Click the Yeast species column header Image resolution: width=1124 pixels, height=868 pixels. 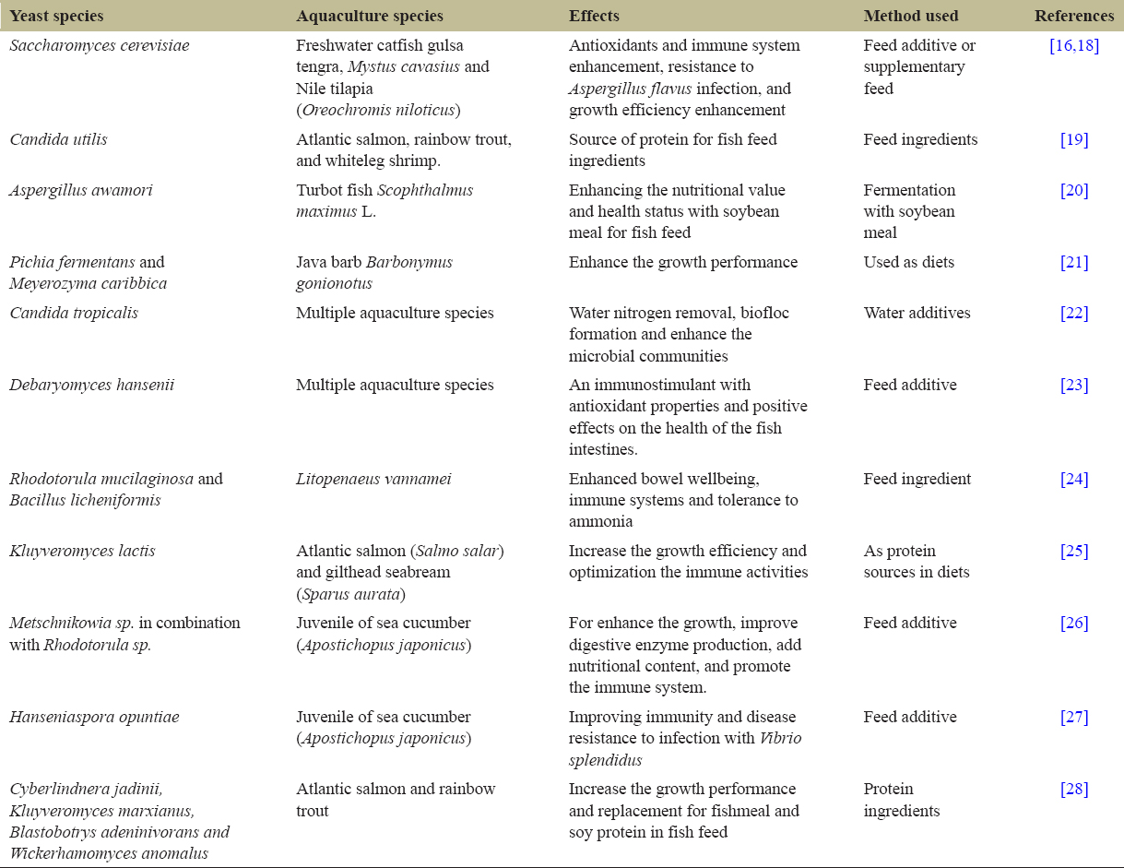[56, 16]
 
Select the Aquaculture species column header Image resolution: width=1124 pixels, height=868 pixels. [369, 16]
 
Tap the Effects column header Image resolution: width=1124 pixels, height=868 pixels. [594, 16]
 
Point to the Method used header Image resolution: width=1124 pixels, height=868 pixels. [910, 16]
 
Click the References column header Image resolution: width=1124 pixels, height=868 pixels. [1073, 16]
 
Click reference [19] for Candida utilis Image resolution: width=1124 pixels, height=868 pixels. [1074, 139]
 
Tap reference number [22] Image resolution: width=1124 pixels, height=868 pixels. [1074, 313]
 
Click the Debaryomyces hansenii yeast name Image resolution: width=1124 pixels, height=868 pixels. [91, 385]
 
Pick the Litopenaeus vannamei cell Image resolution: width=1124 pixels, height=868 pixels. [373, 479]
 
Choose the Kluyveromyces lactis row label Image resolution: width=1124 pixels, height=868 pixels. [82, 551]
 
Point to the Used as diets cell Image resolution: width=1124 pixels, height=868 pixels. [908, 262]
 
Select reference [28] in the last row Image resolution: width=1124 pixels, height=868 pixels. [1074, 789]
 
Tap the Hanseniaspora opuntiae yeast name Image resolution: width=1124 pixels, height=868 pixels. [94, 717]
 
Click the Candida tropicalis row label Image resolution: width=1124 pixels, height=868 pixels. [74, 313]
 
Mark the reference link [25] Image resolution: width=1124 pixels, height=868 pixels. [1074, 551]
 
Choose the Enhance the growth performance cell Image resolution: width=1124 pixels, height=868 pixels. [682, 262]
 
